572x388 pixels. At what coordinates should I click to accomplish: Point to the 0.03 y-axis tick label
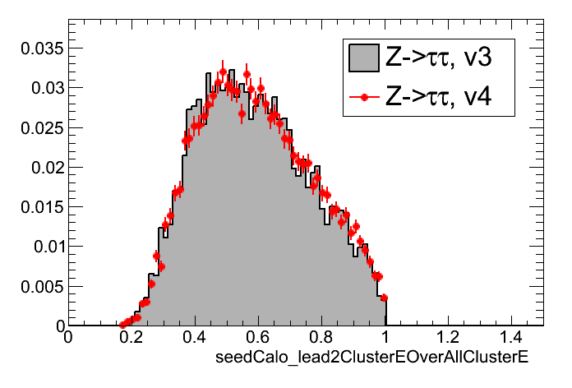click(39, 87)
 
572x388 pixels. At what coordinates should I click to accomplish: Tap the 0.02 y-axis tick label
click(39, 167)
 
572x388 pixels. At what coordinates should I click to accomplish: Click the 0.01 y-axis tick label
click(39, 247)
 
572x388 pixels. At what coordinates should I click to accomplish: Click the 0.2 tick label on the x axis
click(131, 338)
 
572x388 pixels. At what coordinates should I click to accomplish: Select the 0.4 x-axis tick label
click(195, 338)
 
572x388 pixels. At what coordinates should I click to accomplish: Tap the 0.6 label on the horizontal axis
click(258, 338)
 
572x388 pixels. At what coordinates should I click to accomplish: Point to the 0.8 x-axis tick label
click(321, 338)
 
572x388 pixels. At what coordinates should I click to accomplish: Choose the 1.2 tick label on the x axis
click(449, 338)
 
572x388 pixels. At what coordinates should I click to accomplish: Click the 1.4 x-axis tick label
click(512, 338)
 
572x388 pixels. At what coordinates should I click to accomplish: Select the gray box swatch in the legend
click(363, 57)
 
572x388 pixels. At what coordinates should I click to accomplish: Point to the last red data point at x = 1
click(384, 298)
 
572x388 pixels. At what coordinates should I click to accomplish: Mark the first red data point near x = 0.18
click(123, 325)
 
